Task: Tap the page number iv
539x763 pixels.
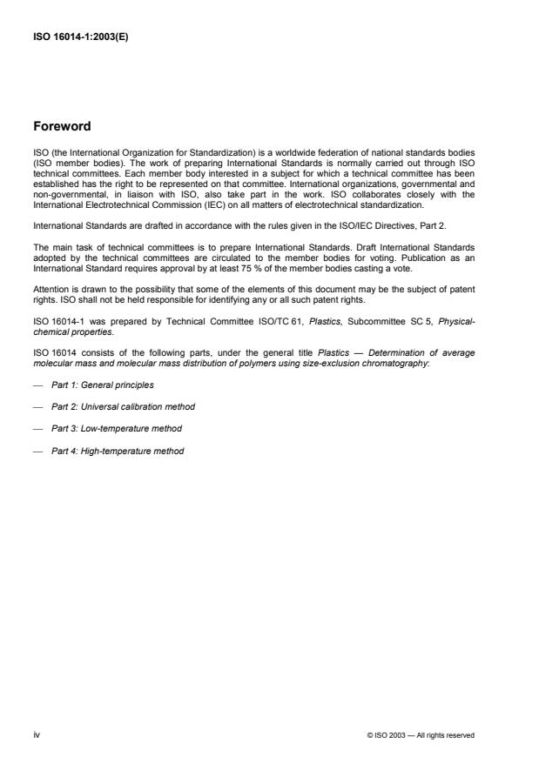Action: pyautogui.click(x=37, y=735)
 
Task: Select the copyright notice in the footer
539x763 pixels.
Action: pyautogui.click(x=421, y=735)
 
